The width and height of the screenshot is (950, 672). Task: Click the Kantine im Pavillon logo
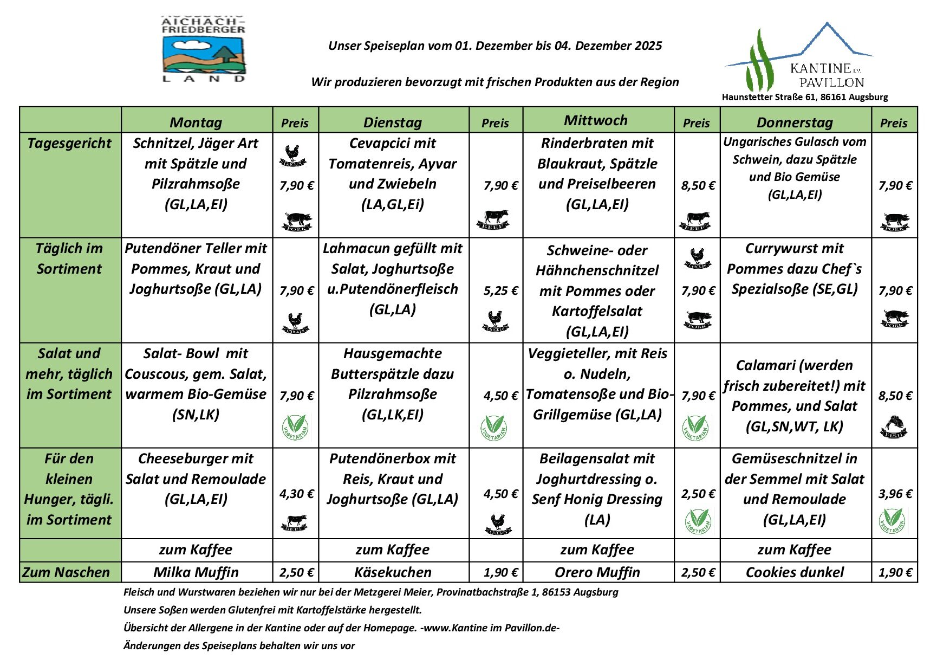click(x=799, y=59)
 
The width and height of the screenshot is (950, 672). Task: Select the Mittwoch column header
click(x=596, y=120)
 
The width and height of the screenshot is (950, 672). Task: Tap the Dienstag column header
click(x=393, y=122)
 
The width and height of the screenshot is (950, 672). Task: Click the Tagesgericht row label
click(x=69, y=143)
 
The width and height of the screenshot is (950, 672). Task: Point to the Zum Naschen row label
click(x=66, y=572)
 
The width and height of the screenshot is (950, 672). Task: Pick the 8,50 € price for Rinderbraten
click(x=698, y=185)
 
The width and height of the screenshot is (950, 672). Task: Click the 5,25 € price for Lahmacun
click(x=500, y=290)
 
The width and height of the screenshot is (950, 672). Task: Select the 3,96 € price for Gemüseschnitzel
click(x=895, y=494)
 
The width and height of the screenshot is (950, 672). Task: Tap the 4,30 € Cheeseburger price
click(x=296, y=494)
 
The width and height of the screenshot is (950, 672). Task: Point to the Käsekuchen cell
click(x=393, y=572)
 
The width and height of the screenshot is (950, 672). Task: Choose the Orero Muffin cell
click(x=597, y=572)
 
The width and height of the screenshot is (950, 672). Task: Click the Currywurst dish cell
click(x=794, y=269)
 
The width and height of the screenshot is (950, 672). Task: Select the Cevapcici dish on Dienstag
click(x=393, y=173)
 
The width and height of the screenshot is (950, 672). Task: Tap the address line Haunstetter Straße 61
click(x=805, y=97)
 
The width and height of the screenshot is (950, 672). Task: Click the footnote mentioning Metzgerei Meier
click(x=370, y=592)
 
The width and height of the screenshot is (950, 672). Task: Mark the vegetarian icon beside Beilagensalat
click(x=698, y=521)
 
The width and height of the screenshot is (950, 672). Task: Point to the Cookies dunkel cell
click(x=794, y=572)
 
